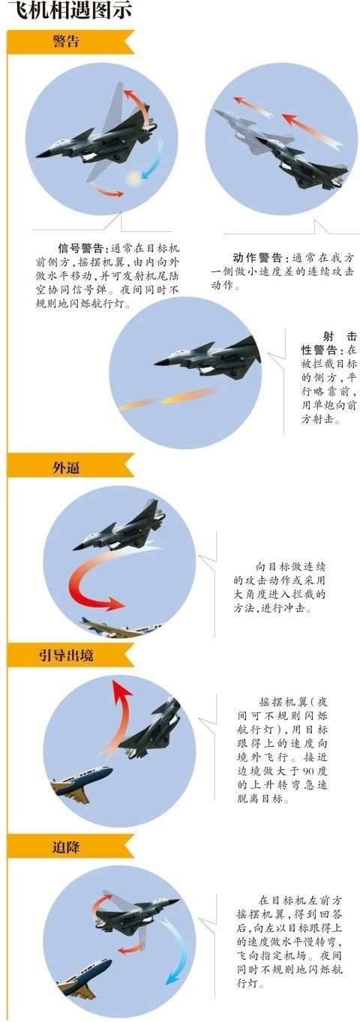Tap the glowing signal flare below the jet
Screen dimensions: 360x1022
(133, 178)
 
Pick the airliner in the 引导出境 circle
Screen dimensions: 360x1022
(82, 783)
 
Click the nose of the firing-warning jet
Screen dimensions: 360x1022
(156, 363)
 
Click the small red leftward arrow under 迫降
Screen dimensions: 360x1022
(130, 949)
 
